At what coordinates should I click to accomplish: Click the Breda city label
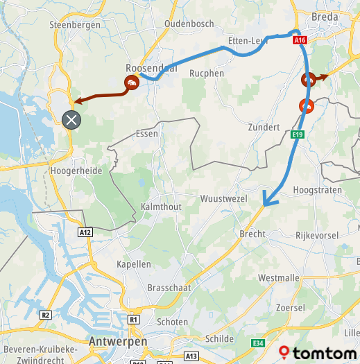(x=325, y=16)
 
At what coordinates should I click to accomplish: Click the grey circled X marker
(x=71, y=120)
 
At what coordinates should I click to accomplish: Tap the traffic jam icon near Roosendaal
(x=131, y=83)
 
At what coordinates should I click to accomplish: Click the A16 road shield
(x=300, y=41)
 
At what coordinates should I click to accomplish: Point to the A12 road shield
(x=85, y=233)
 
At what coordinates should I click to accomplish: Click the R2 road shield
(x=46, y=315)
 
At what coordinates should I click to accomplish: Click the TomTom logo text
(x=320, y=354)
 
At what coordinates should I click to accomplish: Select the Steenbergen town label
(x=75, y=25)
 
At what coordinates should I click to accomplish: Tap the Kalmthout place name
(x=161, y=207)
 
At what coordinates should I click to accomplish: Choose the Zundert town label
(x=263, y=128)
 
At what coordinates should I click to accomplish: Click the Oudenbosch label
(x=189, y=24)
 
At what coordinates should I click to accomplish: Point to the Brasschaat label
(x=169, y=287)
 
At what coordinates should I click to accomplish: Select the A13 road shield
(x=191, y=356)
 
